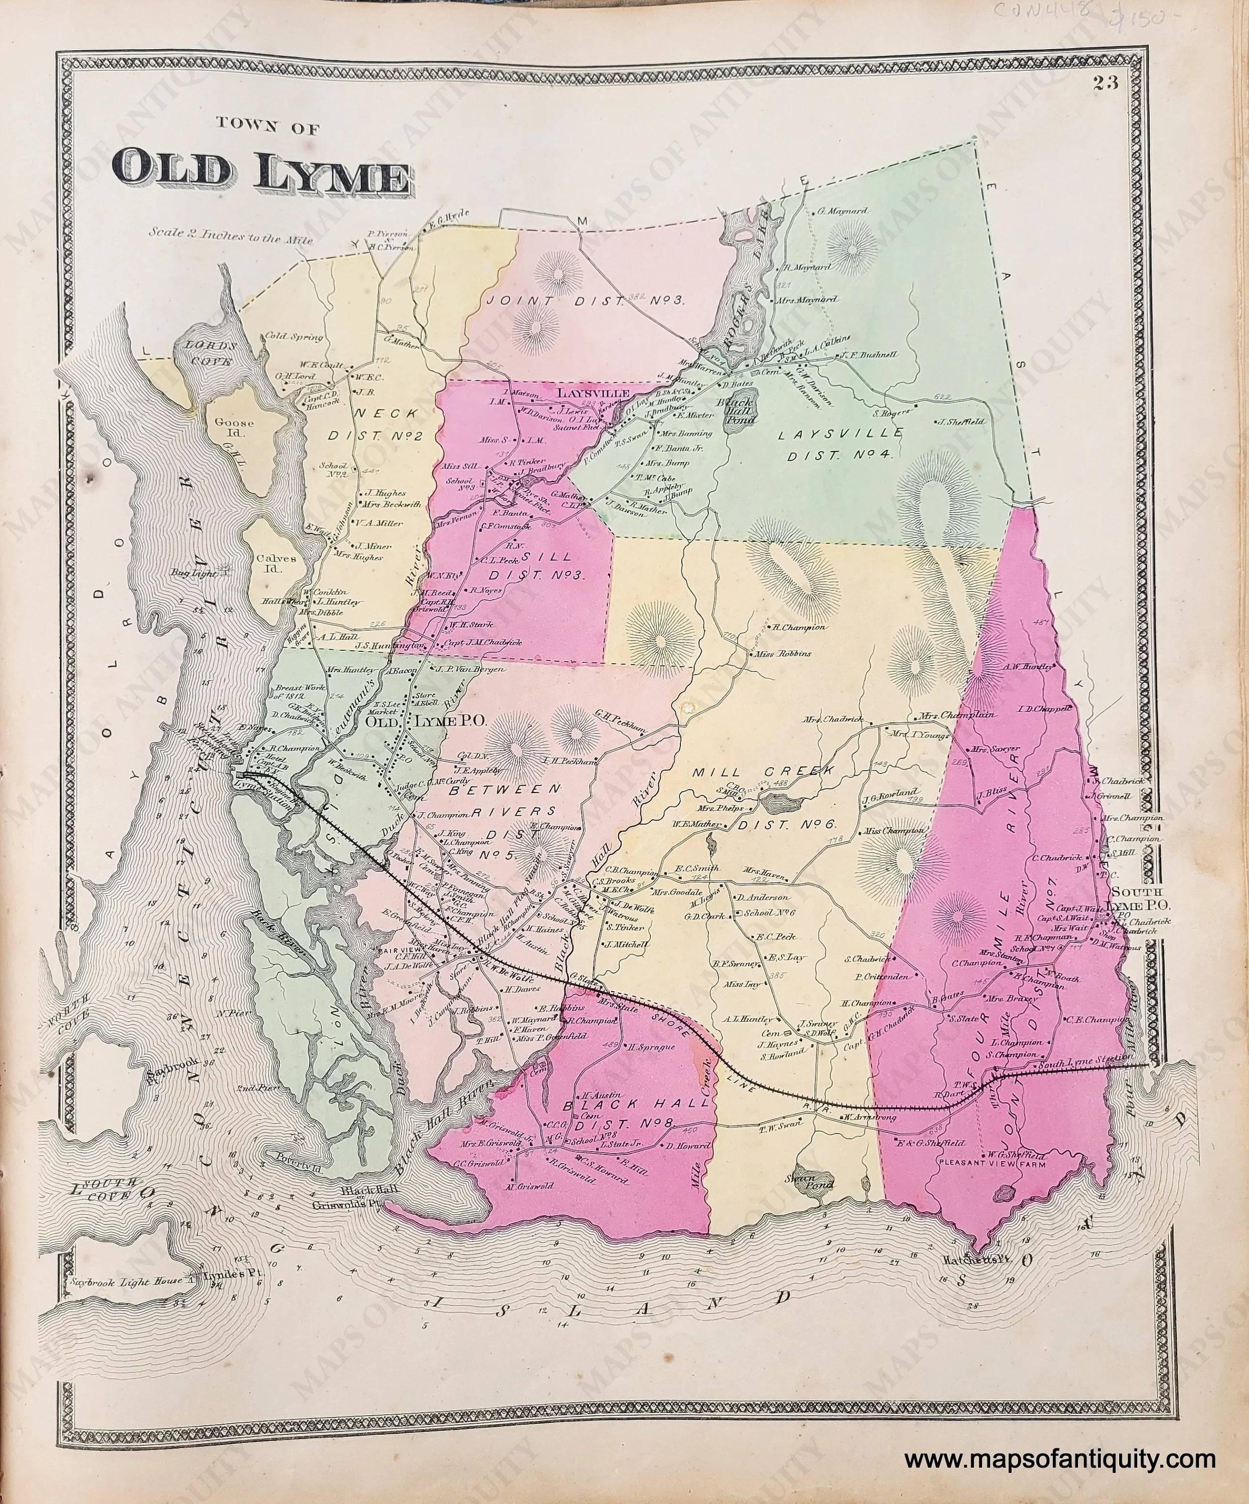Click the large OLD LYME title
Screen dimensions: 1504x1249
[x=261, y=173]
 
